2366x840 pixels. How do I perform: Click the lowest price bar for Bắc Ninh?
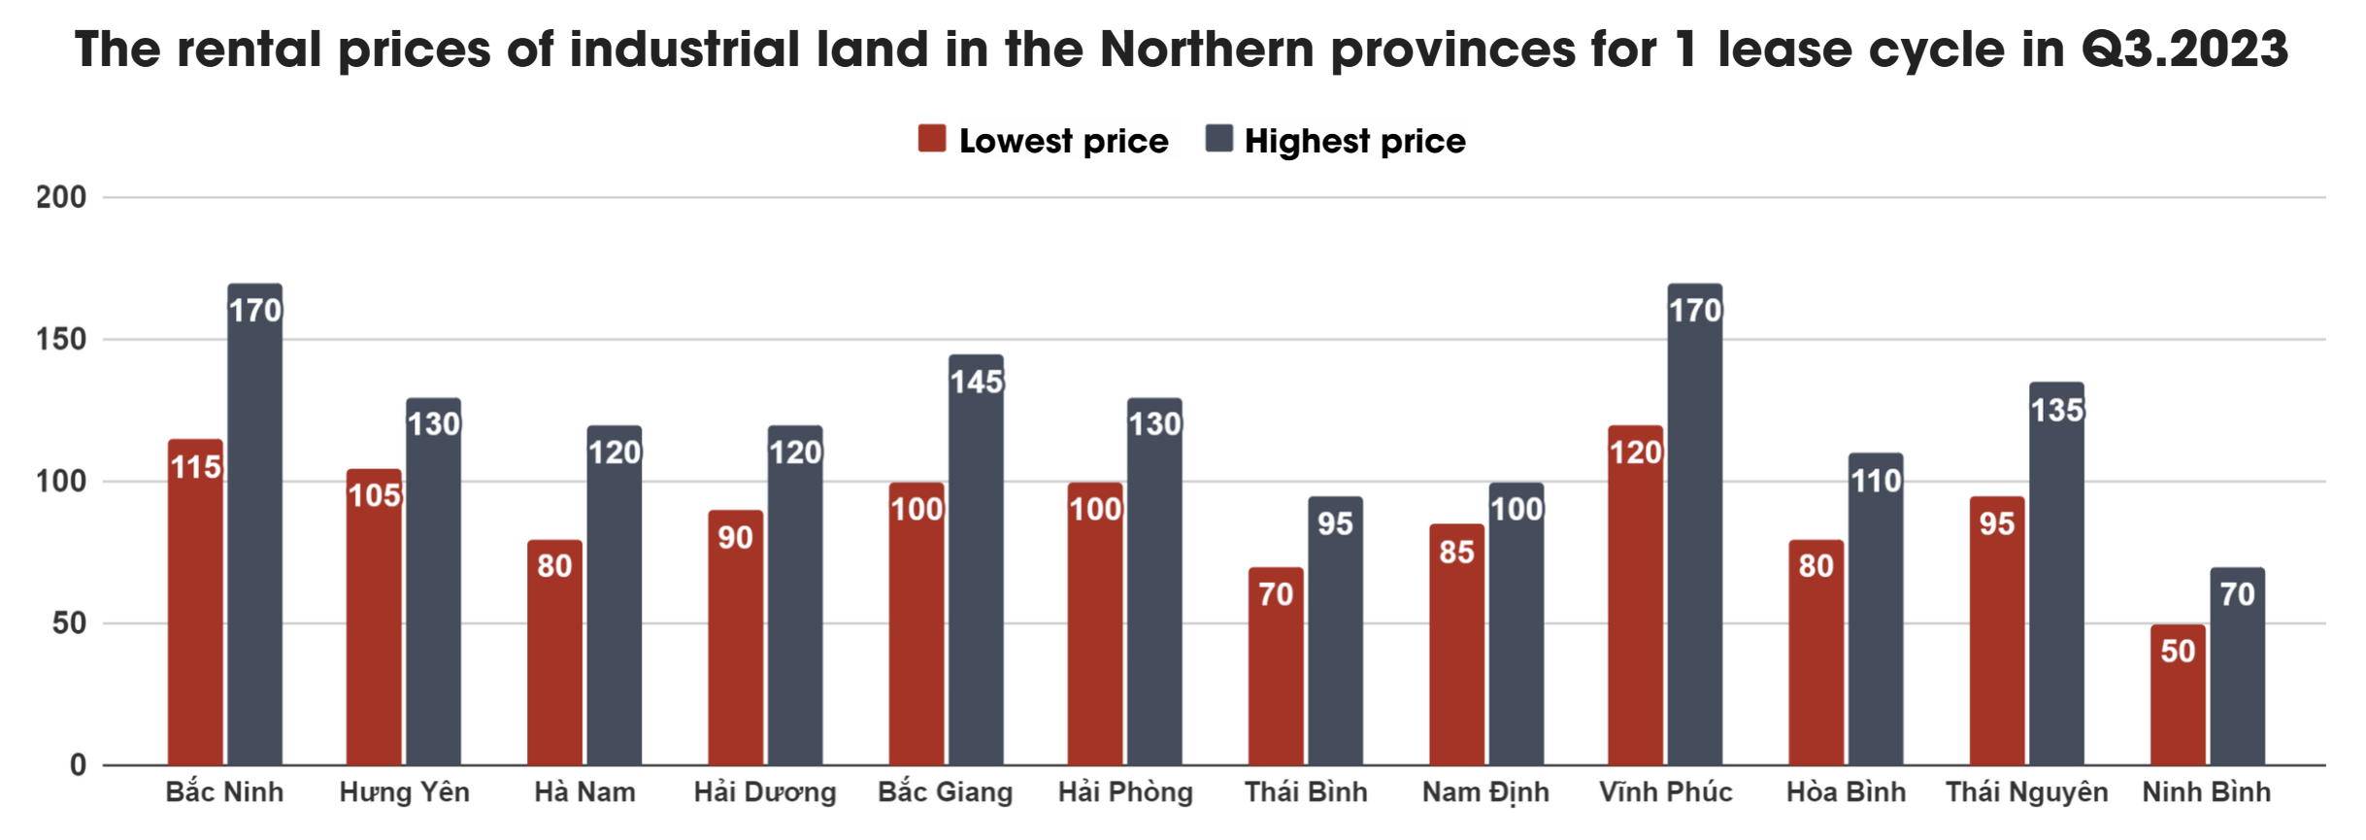[x=195, y=602]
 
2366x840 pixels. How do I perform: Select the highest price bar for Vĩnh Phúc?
[x=1694, y=524]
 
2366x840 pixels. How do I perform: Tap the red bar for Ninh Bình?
[x=2178, y=694]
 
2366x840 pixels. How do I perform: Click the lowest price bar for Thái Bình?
[x=1276, y=666]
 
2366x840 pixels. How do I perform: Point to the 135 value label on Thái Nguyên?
[x=2056, y=410]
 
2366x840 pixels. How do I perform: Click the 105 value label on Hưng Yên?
[x=375, y=495]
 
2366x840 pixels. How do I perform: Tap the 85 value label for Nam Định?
[x=1456, y=552]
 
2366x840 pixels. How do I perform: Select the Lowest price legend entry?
[x=1045, y=141]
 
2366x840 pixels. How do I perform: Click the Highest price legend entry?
[x=1336, y=141]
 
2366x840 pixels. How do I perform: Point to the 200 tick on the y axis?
[x=61, y=197]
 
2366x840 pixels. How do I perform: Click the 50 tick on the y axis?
[x=69, y=622]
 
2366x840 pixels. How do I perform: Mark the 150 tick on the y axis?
[x=61, y=339]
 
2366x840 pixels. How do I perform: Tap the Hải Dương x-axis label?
[x=765, y=792]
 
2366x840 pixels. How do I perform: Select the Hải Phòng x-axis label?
[x=1125, y=792]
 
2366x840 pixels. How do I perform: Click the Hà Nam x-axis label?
[x=584, y=792]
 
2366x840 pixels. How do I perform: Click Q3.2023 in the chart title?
[x=2184, y=49]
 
